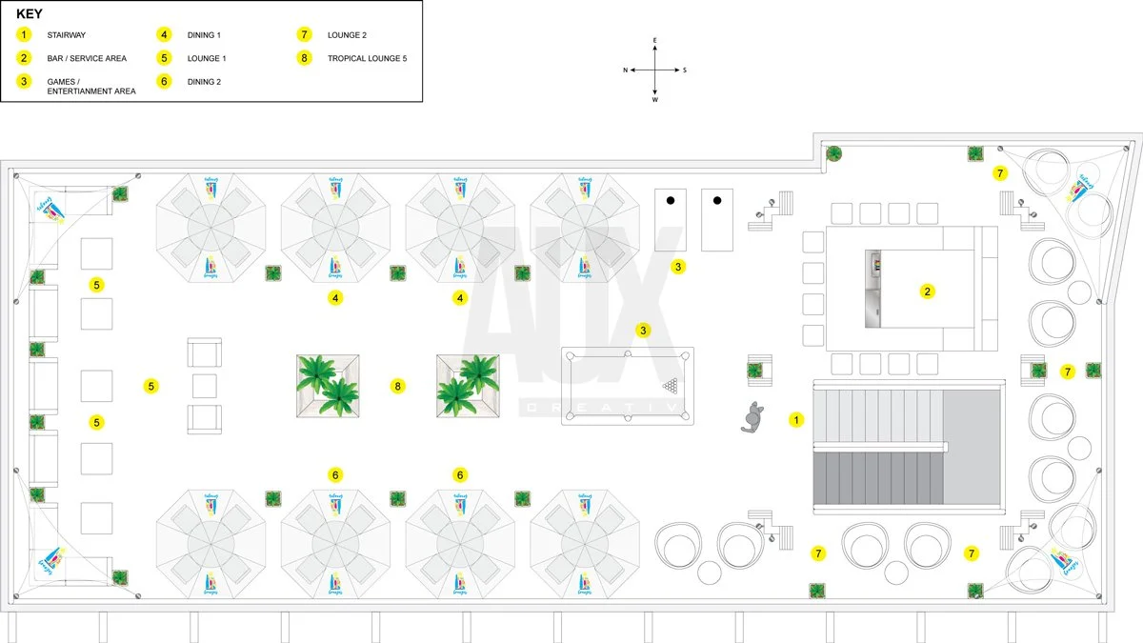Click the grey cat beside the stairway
754,417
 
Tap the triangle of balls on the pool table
672,386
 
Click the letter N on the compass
626,70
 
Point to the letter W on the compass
655,99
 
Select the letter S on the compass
684,70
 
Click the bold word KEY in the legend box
30,14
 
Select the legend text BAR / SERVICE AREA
87,59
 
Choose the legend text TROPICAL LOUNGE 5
367,59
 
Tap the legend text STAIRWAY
66,35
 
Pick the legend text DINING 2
204,82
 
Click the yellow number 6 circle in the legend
164,82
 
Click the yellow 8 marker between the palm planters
398,386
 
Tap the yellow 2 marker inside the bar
927,291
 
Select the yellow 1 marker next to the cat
796,419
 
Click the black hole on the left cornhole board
671,200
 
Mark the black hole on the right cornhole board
717,200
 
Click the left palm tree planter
329,386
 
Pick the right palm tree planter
468,386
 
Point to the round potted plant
833,153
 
